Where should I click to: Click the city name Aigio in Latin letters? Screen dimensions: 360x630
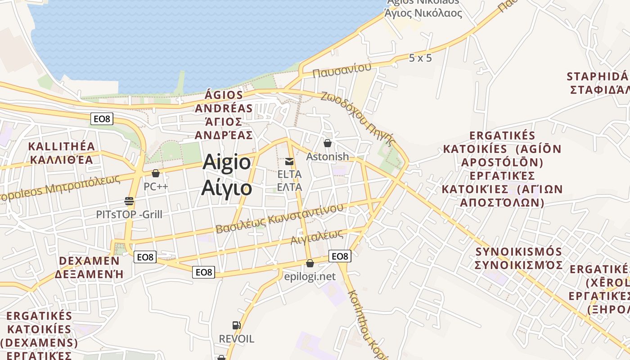click(226, 162)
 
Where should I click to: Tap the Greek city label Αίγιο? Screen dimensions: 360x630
click(226, 187)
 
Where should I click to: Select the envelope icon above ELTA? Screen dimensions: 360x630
click(289, 161)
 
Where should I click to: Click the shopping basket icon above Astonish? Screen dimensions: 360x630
click(328, 143)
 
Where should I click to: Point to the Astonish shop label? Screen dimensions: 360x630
click(327, 157)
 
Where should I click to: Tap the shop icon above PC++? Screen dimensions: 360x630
click(156, 173)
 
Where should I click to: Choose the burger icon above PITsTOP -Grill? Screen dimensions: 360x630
click(129, 201)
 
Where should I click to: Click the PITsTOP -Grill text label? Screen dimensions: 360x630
click(129, 215)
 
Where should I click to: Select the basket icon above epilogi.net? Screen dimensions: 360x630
click(310, 263)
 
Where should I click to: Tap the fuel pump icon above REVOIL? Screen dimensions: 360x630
click(236, 325)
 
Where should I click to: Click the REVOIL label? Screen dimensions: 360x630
click(236, 338)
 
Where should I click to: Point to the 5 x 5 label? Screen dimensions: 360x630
click(420, 58)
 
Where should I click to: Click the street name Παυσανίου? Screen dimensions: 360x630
click(342, 70)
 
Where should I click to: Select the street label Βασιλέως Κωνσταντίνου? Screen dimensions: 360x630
click(279, 218)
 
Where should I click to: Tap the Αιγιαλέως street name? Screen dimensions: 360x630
click(317, 237)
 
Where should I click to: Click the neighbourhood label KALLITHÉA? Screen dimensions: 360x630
click(62, 146)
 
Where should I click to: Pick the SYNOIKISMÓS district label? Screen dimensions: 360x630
click(518, 252)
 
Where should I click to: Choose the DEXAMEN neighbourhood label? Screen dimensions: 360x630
click(89, 261)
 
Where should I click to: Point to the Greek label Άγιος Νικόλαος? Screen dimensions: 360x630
click(423, 13)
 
